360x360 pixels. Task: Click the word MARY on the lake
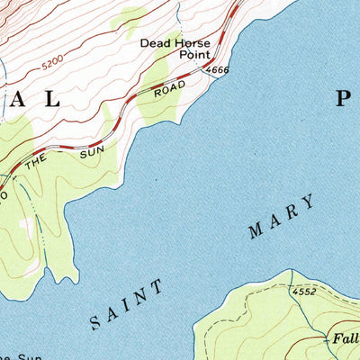pyautogui.click(x=283, y=216)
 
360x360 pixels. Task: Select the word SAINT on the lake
pyautogui.click(x=129, y=304)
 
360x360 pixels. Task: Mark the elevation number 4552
pyautogui.click(x=305, y=292)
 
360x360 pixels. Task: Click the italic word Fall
pyautogui.click(x=342, y=338)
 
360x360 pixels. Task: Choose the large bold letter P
pyautogui.click(x=346, y=100)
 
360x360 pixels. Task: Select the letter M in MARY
pyautogui.click(x=256, y=231)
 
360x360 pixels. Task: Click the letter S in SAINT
pyautogui.click(x=97, y=321)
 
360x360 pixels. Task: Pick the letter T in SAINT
pyautogui.click(x=159, y=287)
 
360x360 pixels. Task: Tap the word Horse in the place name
pyautogui.click(x=192, y=42)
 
